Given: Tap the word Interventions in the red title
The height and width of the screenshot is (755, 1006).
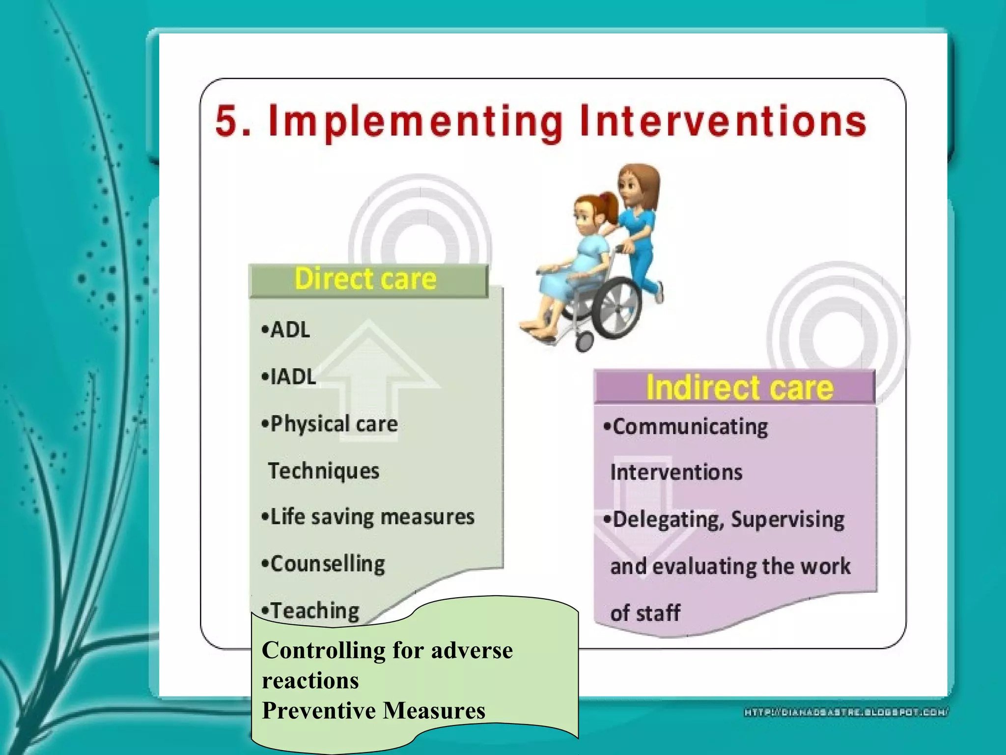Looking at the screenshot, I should point(722,121).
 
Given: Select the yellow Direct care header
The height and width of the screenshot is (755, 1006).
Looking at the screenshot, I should point(365,279).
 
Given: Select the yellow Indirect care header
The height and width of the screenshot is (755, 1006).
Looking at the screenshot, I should point(739,387).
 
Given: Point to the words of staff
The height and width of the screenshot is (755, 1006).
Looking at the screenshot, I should point(644,613).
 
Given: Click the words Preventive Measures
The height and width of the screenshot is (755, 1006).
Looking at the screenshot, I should point(373,710).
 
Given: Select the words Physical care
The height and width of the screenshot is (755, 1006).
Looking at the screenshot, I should point(334,424).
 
